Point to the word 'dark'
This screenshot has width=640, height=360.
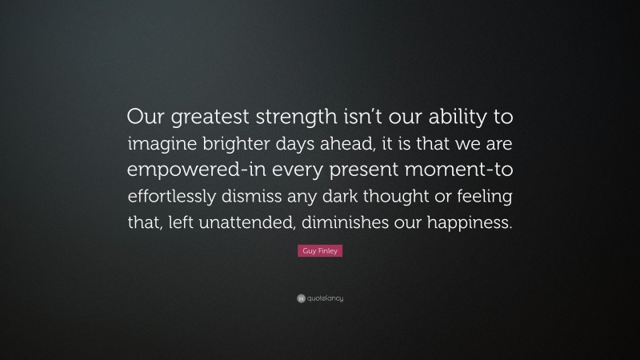(350, 197)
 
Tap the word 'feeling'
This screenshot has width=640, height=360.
(479, 197)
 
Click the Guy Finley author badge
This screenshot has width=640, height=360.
(319, 251)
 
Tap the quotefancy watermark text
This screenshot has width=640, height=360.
(325, 298)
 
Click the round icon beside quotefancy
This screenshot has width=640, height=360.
(300, 298)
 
